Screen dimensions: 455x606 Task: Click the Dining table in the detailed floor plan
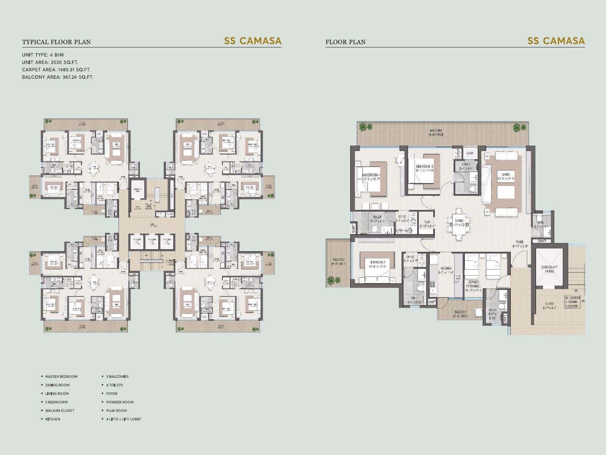point(459,225)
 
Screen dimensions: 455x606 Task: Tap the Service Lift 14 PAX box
point(549,269)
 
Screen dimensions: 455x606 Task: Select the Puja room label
point(427,224)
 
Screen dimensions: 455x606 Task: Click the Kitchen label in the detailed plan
point(446,270)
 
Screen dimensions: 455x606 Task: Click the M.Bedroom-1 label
point(371,177)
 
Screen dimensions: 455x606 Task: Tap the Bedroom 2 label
point(377,264)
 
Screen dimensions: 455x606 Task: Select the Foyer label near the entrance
point(519,244)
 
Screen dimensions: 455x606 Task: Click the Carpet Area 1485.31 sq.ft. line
point(56,70)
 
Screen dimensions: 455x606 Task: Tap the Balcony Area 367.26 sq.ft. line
point(58,77)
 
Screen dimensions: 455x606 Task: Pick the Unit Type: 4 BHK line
point(43,55)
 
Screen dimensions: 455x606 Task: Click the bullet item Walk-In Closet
point(59,411)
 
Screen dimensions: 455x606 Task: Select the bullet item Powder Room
point(120,402)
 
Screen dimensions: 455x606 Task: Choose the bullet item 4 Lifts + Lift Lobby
point(123,419)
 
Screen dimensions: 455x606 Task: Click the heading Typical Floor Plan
point(56,42)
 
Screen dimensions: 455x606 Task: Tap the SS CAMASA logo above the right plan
point(556,41)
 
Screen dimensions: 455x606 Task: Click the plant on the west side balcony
point(331,280)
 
